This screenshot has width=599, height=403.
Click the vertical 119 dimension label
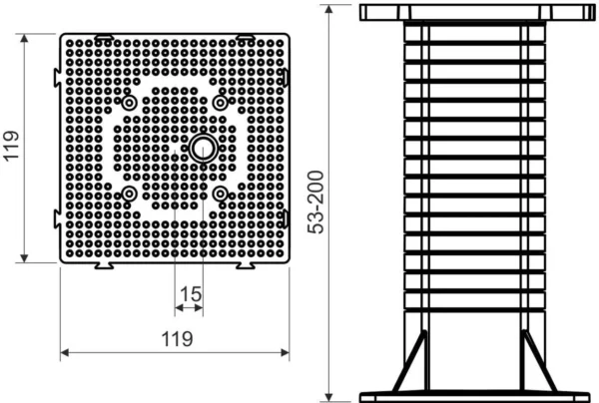click(x=13, y=149)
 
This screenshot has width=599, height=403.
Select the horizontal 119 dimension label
click(x=177, y=338)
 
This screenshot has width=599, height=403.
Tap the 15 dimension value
click(x=189, y=294)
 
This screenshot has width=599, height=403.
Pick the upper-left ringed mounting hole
click(x=130, y=104)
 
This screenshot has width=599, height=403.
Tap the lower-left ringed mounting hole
click(x=130, y=194)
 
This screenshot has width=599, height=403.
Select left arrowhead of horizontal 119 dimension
click(x=67, y=352)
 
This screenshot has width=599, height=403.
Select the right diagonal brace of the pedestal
click(x=536, y=363)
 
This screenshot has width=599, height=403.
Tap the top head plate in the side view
click(x=473, y=13)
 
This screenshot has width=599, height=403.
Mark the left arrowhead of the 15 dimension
click(x=179, y=309)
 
